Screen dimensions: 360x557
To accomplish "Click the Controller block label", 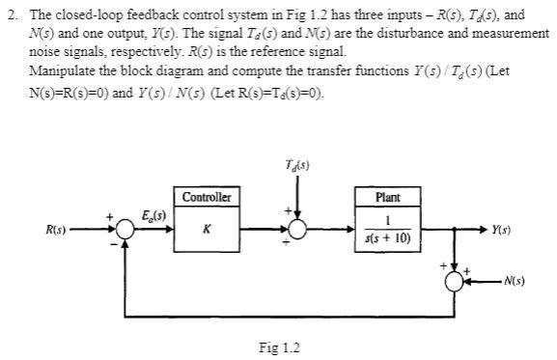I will tap(208, 197).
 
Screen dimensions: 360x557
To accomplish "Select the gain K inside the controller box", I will tap(207, 231).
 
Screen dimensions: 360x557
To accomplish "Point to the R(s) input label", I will tap(61, 230).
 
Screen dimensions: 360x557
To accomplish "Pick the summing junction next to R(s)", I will tap(126, 231).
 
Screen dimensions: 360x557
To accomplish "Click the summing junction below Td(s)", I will tap(297, 231).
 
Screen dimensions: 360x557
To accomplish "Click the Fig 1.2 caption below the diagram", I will tap(280, 346).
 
